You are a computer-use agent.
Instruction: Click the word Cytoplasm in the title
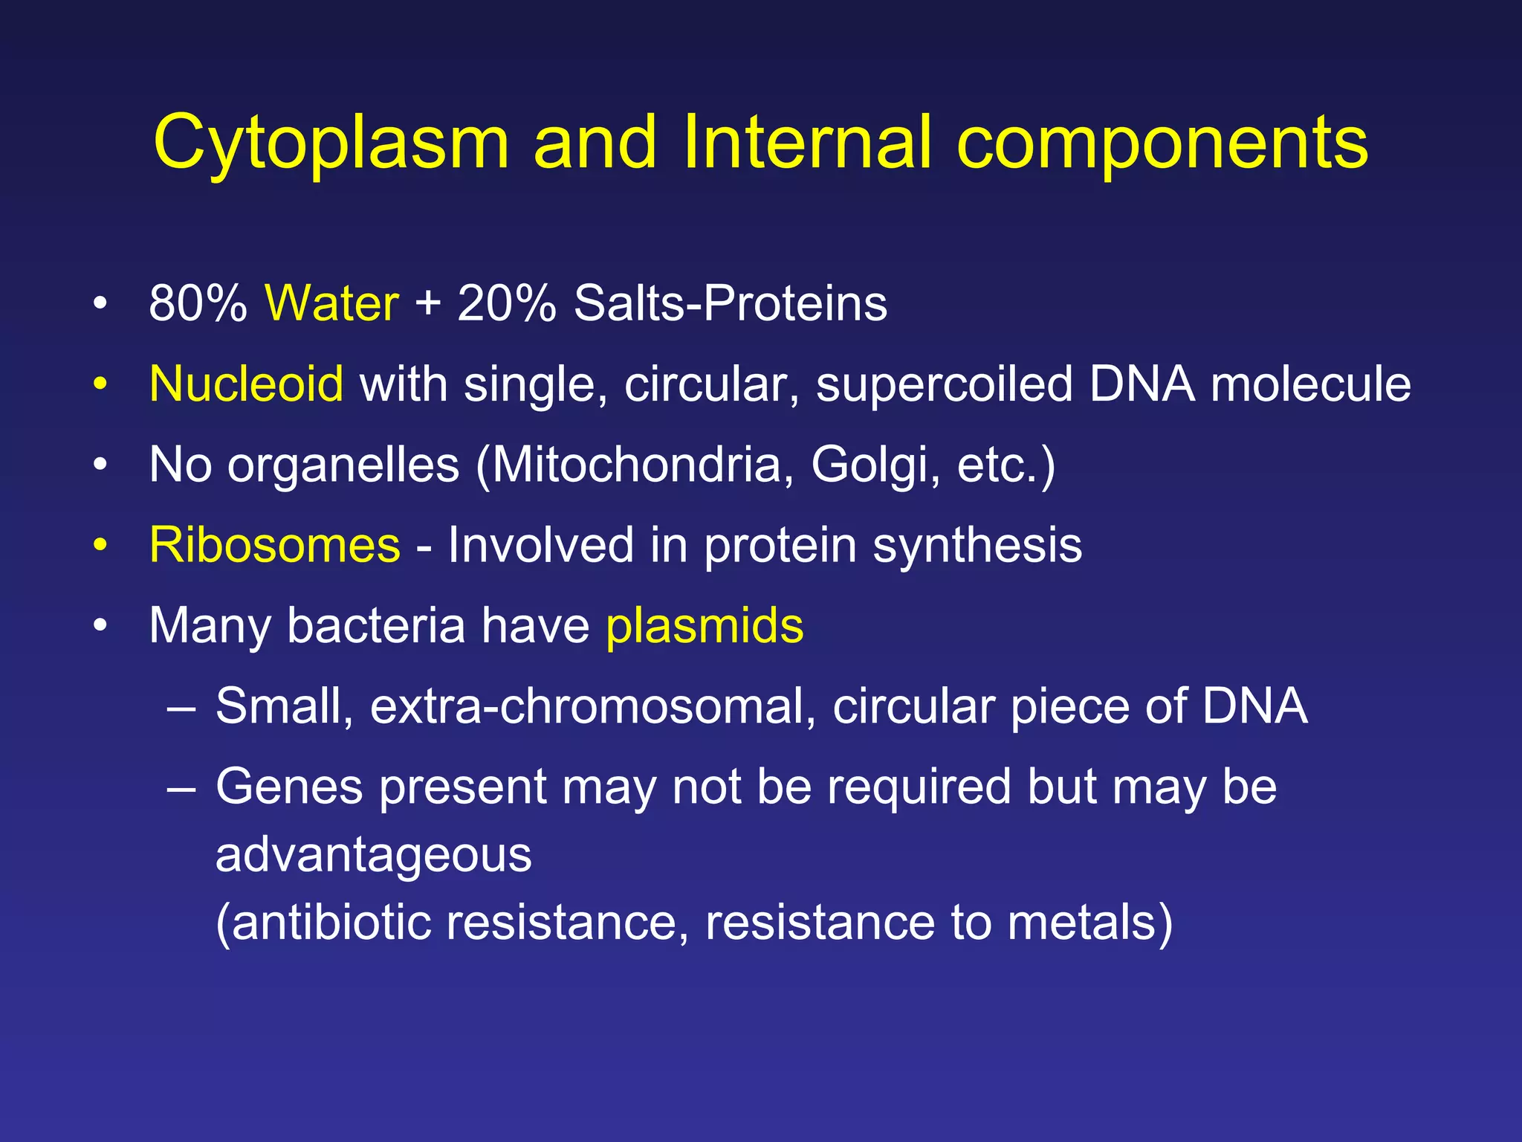331,143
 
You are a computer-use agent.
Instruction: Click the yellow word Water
332,303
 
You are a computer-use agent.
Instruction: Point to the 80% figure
198,303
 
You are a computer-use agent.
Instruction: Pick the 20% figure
506,303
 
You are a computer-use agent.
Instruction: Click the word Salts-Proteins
730,303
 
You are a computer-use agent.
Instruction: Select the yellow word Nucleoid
246,384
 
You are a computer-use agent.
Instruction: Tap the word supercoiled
944,384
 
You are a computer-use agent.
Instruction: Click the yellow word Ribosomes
274,545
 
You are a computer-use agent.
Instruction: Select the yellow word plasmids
705,626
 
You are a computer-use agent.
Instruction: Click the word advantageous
373,855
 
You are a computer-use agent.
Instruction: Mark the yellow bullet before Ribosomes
100,546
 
